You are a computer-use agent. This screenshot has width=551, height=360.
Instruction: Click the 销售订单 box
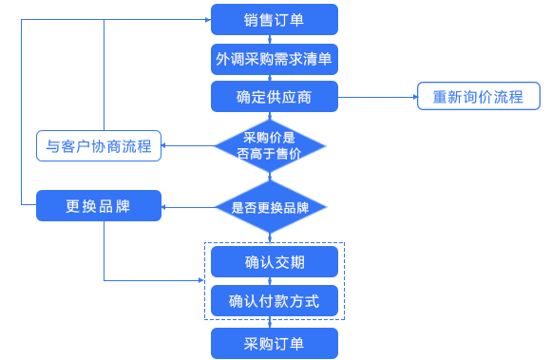point(274,19)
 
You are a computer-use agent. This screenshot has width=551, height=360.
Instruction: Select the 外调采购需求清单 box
point(274,59)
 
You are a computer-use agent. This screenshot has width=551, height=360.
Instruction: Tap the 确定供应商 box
point(274,97)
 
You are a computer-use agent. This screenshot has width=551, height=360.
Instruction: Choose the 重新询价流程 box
point(478,97)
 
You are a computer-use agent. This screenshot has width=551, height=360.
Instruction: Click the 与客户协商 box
point(98,146)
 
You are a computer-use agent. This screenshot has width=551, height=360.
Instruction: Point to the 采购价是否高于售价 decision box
point(266,145)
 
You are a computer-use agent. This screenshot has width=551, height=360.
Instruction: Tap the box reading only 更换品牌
point(98,205)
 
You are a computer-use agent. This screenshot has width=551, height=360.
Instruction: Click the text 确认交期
point(274,261)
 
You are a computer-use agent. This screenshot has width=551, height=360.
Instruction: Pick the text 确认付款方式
point(274,301)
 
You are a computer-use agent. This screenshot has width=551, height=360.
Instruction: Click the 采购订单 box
point(274,343)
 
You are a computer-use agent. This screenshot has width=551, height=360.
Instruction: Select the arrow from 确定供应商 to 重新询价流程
point(376,97)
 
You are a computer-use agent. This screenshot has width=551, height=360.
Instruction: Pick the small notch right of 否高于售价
point(323,146)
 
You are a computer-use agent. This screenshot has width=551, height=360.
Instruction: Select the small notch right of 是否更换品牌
point(325,206)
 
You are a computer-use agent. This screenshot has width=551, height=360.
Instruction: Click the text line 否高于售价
point(268,154)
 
